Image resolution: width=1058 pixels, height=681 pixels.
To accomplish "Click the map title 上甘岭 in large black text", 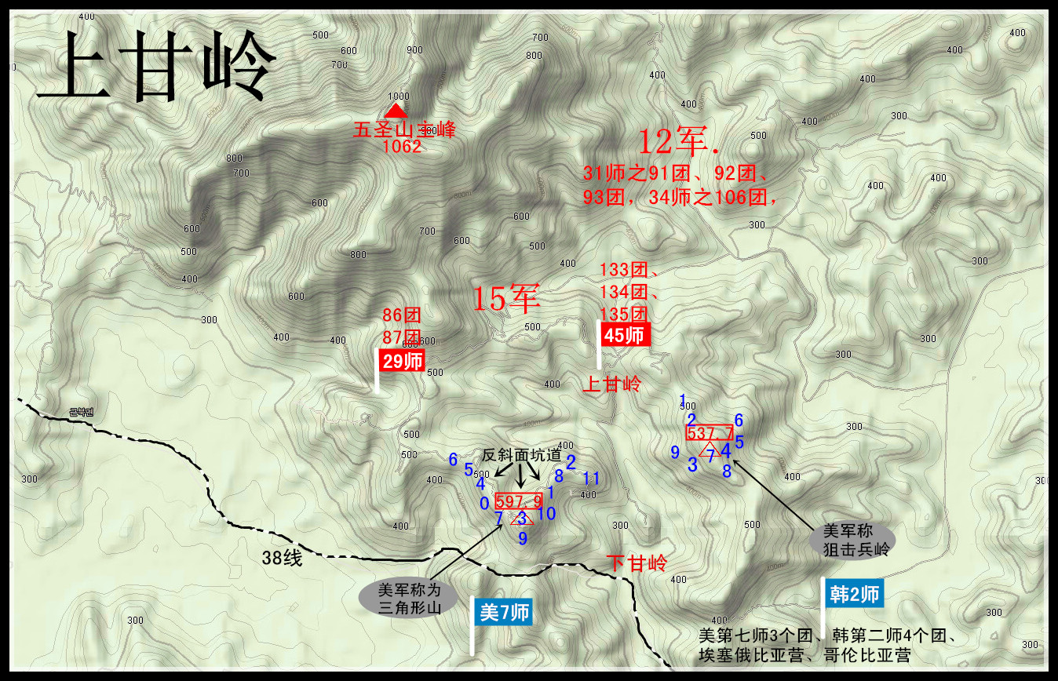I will (x=155, y=69).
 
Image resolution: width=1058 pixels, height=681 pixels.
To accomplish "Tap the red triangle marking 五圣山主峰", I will (x=397, y=111).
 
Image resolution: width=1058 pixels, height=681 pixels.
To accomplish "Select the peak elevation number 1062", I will (x=403, y=146).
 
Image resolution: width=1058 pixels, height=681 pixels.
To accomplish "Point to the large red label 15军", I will (x=506, y=298).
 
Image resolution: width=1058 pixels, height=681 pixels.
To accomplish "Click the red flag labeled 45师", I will (x=626, y=335).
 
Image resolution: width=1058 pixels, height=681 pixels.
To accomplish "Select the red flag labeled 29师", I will (x=401, y=362).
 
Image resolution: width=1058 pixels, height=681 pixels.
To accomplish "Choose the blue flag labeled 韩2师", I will (x=853, y=595).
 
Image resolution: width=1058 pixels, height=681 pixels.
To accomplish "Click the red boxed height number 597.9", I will (x=520, y=500).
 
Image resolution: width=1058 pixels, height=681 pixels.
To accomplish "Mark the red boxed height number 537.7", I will (x=710, y=432).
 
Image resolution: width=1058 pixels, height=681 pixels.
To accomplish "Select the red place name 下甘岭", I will (x=637, y=563).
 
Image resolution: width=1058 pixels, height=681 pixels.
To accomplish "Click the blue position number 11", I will (x=591, y=478).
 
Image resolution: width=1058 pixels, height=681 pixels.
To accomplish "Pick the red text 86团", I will (x=402, y=316).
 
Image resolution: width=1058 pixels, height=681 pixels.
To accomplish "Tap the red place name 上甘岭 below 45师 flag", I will (x=611, y=384).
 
